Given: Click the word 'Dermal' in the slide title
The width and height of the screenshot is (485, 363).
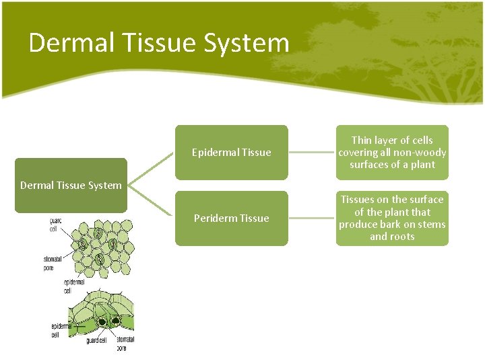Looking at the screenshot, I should [66, 43].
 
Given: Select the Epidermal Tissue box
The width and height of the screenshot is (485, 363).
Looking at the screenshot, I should [231, 153].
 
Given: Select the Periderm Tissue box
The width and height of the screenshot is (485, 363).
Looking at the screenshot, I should [231, 218].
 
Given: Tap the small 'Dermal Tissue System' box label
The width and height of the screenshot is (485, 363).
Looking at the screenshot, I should [71, 186].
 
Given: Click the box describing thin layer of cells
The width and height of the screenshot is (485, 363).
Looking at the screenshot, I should [392, 153].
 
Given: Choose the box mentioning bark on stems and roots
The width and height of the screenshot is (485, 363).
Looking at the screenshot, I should [392, 218].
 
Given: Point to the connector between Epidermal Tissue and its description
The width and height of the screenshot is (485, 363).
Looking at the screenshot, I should [312, 153].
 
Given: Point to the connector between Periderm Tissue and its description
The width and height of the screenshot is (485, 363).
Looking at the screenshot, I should [312, 218].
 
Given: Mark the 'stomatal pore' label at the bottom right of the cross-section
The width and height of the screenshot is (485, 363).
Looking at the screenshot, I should [125, 344].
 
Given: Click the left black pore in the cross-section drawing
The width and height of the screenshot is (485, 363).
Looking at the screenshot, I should [101, 322].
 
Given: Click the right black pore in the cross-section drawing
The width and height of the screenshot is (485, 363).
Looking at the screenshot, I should [115, 322].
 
